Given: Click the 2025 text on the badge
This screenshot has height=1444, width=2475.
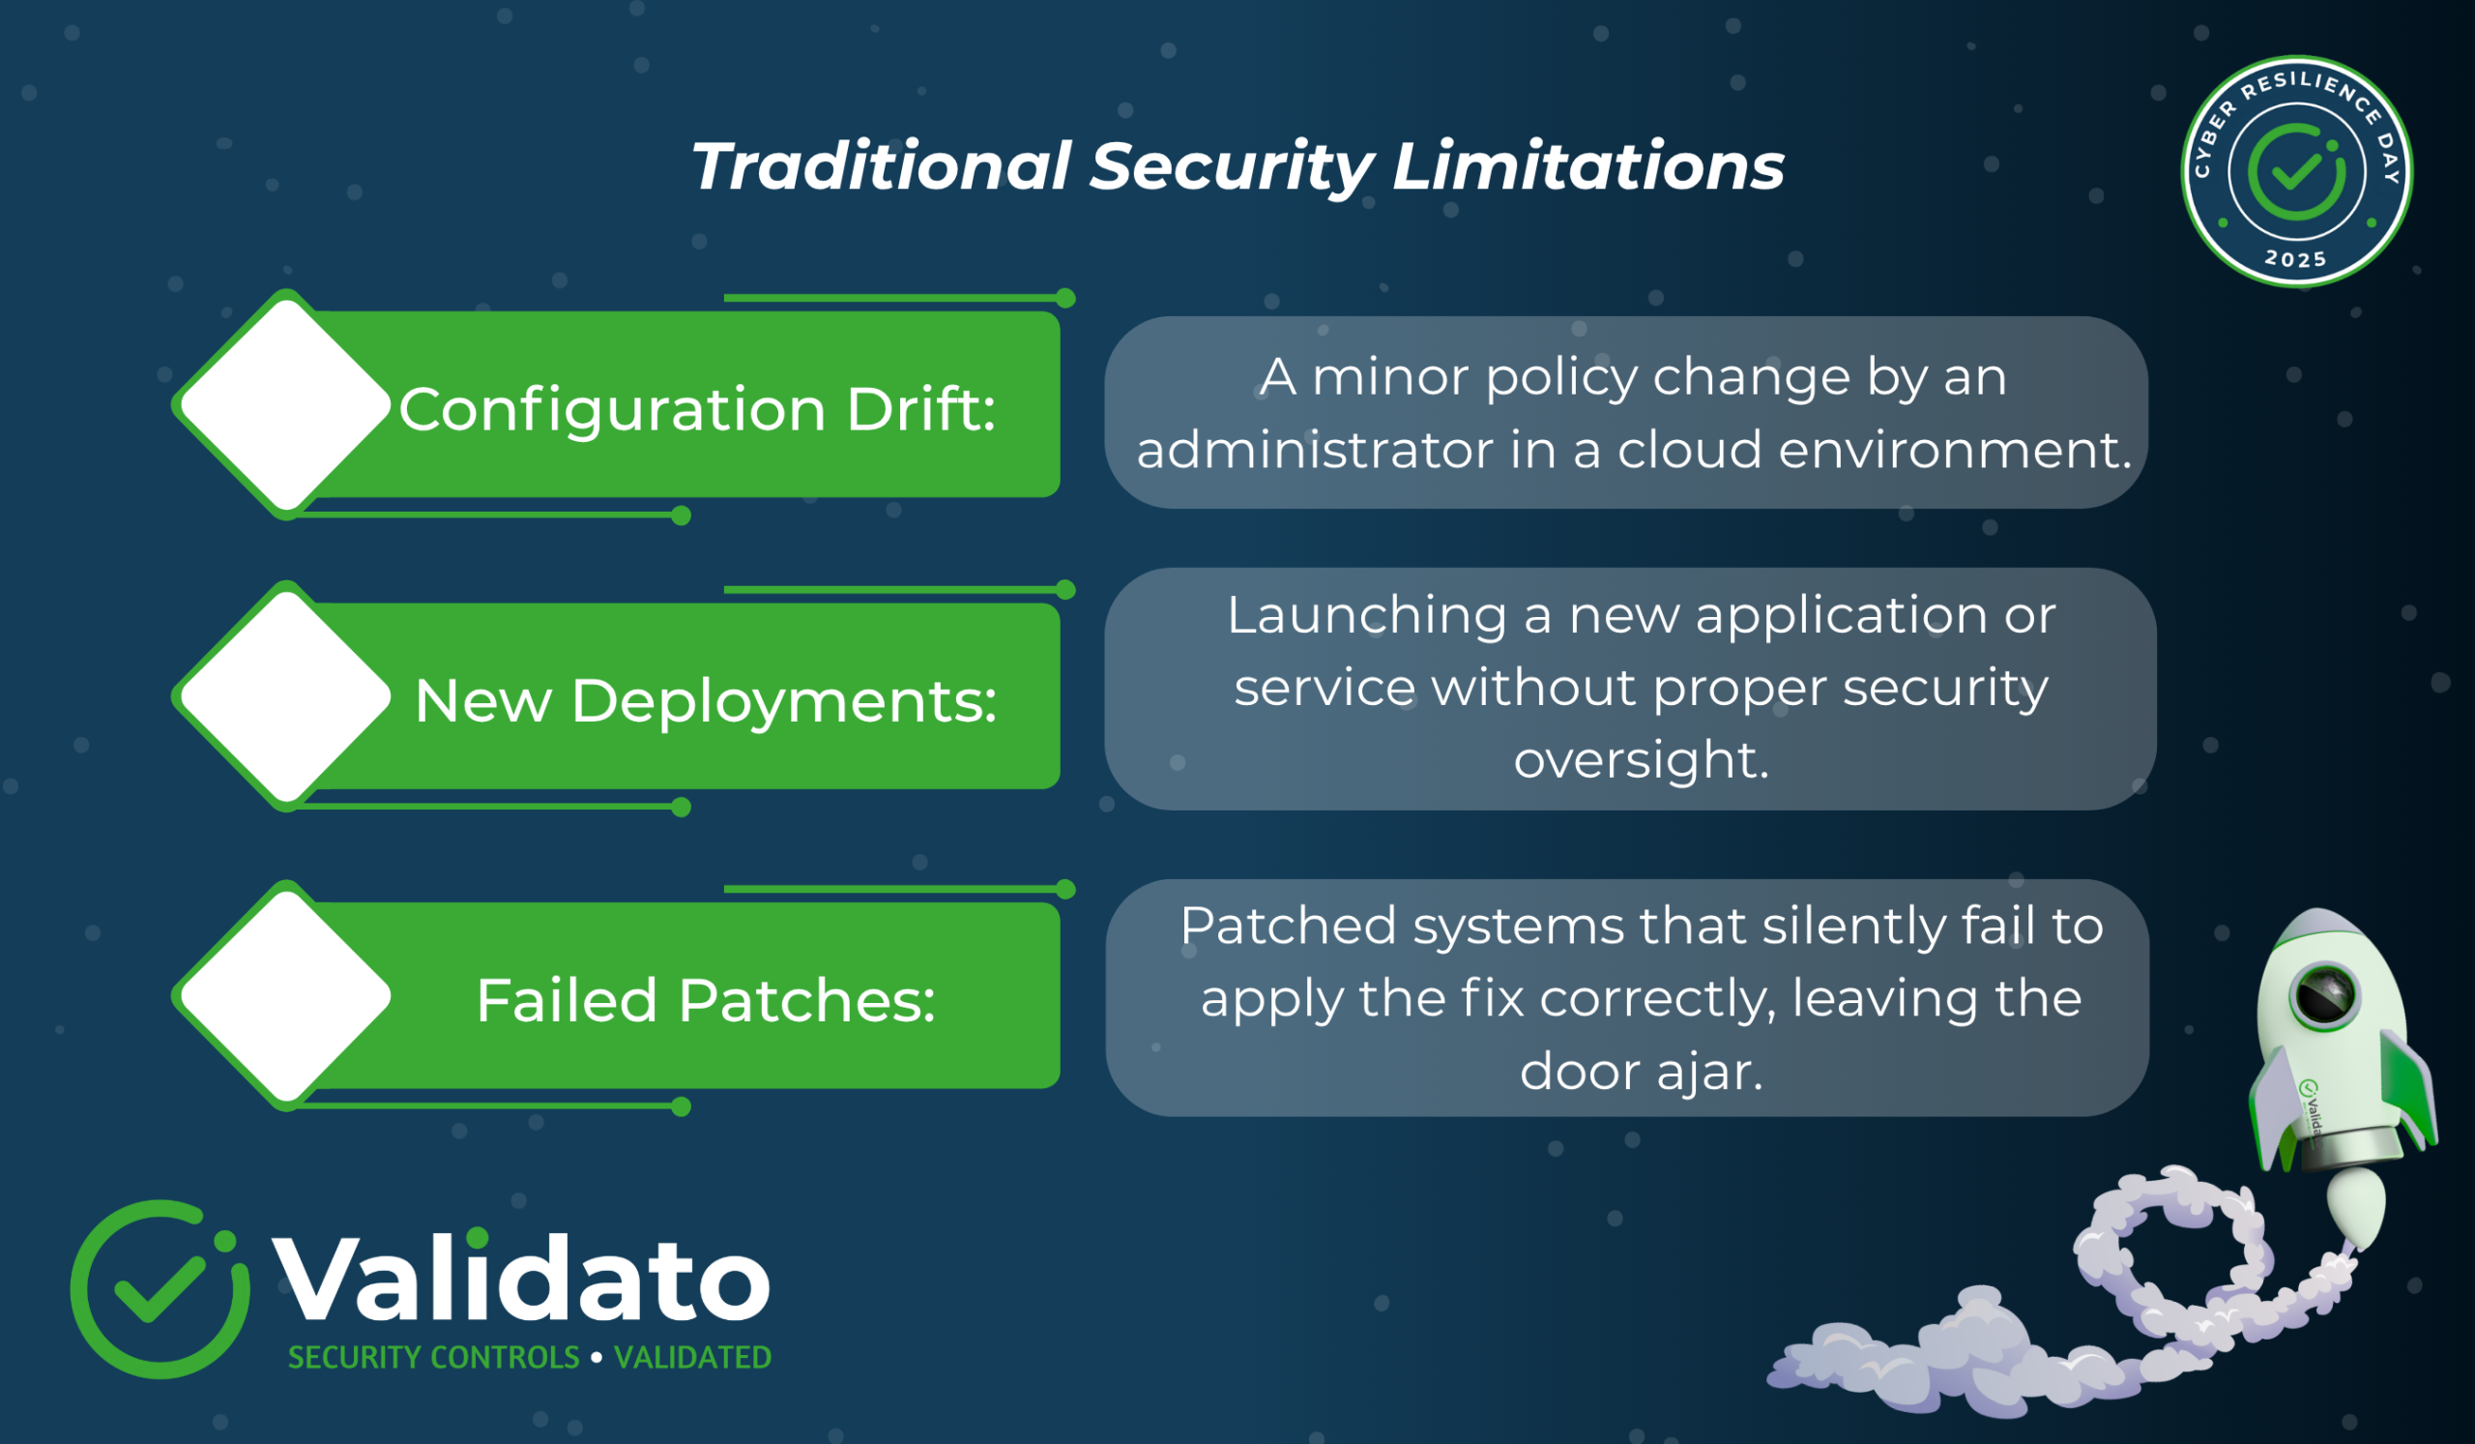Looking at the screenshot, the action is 2295,259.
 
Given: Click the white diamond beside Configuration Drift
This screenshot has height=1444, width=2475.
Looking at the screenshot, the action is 286,404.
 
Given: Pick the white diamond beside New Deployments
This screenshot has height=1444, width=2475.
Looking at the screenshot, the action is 286,696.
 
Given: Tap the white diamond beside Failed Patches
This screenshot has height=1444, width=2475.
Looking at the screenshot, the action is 286,996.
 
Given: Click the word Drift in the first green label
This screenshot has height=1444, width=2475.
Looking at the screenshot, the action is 921,409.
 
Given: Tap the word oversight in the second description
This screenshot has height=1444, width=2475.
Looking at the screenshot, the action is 1642,760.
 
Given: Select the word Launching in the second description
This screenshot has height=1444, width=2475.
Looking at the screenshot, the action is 1367,617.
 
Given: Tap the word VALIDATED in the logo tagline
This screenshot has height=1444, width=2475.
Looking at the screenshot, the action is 692,1358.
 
